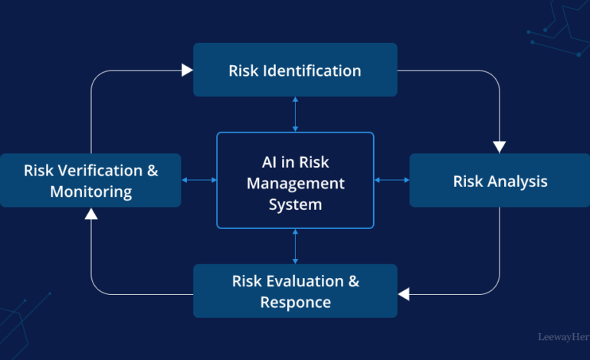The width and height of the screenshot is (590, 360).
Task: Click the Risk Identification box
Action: point(295,70)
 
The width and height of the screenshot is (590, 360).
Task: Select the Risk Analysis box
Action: point(500,180)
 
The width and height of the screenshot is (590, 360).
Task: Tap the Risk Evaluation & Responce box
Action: point(295,291)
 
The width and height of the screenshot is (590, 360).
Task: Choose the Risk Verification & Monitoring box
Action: point(90,180)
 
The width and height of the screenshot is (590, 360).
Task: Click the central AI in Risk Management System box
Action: point(295,180)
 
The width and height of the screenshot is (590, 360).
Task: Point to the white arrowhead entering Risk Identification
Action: point(187,70)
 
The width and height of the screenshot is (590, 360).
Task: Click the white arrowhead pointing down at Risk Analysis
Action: point(500,147)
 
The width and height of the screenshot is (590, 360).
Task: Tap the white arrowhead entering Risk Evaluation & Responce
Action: point(404,294)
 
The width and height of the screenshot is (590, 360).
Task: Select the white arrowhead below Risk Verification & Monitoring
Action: point(91,214)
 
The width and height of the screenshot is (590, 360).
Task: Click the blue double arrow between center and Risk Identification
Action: point(295,114)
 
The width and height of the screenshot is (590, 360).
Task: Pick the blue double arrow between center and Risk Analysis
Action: point(392,180)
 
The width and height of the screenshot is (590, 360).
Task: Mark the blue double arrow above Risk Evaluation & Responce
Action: point(295,247)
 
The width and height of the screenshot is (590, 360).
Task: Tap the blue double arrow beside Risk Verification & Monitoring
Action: point(199,180)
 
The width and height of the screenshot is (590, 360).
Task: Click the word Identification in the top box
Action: point(312,70)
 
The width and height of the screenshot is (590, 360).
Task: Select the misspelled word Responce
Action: point(295,303)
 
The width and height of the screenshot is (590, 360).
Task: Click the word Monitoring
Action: point(91,191)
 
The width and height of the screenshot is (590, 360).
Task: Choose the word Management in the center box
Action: point(295,184)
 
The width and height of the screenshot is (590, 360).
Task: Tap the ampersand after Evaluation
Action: point(354,281)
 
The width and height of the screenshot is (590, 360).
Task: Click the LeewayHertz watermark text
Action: point(564,337)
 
